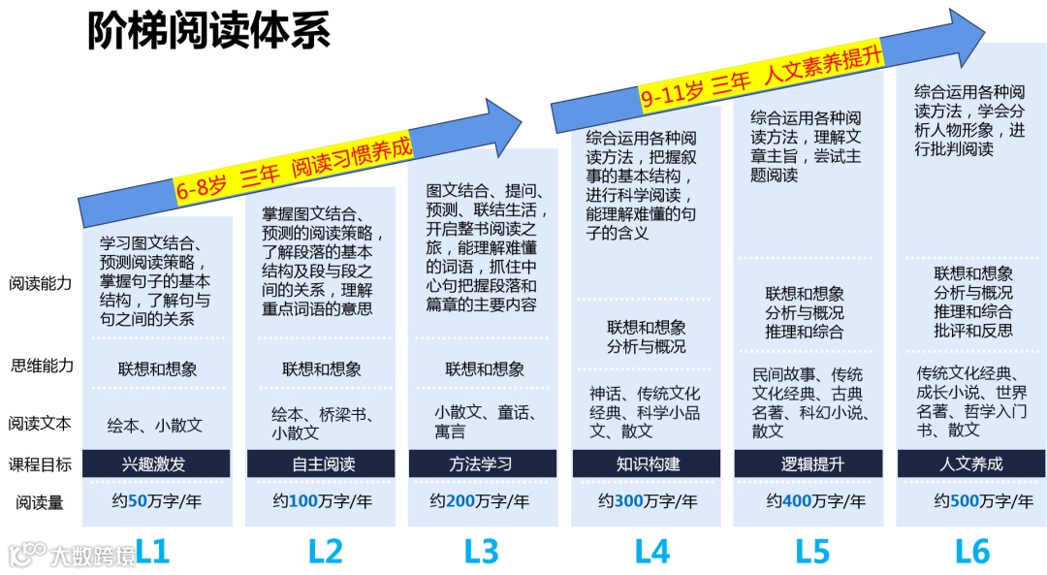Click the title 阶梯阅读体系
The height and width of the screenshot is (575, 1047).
pos(209,31)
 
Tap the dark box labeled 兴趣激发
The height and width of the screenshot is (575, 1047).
pos(156,463)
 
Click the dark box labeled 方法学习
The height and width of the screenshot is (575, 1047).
pos(482,463)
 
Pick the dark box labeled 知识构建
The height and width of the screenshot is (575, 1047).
pos(648,463)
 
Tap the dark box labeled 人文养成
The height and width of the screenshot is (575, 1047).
pos(971,463)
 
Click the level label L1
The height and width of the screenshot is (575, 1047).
pos(153,552)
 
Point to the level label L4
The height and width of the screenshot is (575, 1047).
pos(652,552)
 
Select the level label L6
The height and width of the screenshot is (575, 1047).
pos(972,552)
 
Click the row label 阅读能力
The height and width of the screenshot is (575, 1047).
pos(41,284)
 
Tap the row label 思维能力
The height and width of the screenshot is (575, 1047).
pos(41,366)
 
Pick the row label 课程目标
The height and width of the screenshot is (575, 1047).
pos(41,463)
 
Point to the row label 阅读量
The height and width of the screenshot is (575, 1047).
pos(41,502)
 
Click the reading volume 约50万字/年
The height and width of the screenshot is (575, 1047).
pos(154,501)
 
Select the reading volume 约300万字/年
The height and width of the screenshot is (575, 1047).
pos(648,501)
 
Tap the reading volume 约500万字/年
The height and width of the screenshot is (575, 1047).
pos(971,501)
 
